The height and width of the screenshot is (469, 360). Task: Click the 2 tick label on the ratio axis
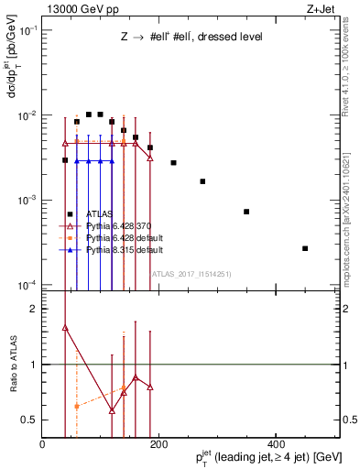[34, 309]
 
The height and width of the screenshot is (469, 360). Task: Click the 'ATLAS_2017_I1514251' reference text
[191, 274]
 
